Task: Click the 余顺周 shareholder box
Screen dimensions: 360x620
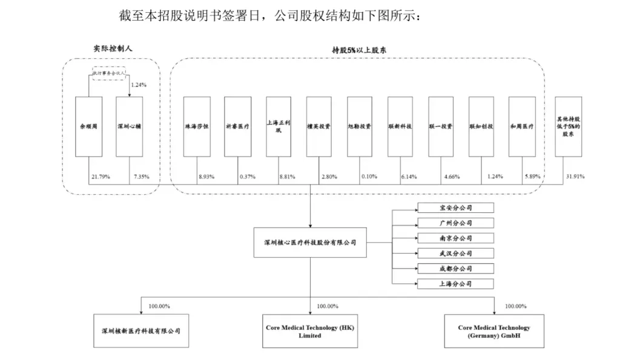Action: [x=88, y=128]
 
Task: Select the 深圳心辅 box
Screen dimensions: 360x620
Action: [x=129, y=128]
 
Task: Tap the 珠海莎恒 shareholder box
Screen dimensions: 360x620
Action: [x=197, y=127]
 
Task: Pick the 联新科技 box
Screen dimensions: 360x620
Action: [x=400, y=127]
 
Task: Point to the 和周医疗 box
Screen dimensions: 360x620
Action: [x=522, y=127]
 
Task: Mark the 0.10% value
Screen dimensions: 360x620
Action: [x=369, y=177]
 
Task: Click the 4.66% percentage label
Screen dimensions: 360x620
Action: [x=450, y=177]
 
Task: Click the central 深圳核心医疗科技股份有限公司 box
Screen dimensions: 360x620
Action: [x=310, y=242]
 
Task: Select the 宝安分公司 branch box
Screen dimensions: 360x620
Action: [x=455, y=208]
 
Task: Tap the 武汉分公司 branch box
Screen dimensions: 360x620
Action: [x=455, y=253]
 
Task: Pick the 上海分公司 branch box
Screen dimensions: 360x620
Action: [x=455, y=283]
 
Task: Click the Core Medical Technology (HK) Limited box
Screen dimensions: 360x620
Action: [x=310, y=331]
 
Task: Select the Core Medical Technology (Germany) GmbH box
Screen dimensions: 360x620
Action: [x=494, y=331]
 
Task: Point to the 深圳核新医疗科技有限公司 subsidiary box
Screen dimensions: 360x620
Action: [x=140, y=331]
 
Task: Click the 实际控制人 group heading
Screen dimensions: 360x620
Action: [x=110, y=48]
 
